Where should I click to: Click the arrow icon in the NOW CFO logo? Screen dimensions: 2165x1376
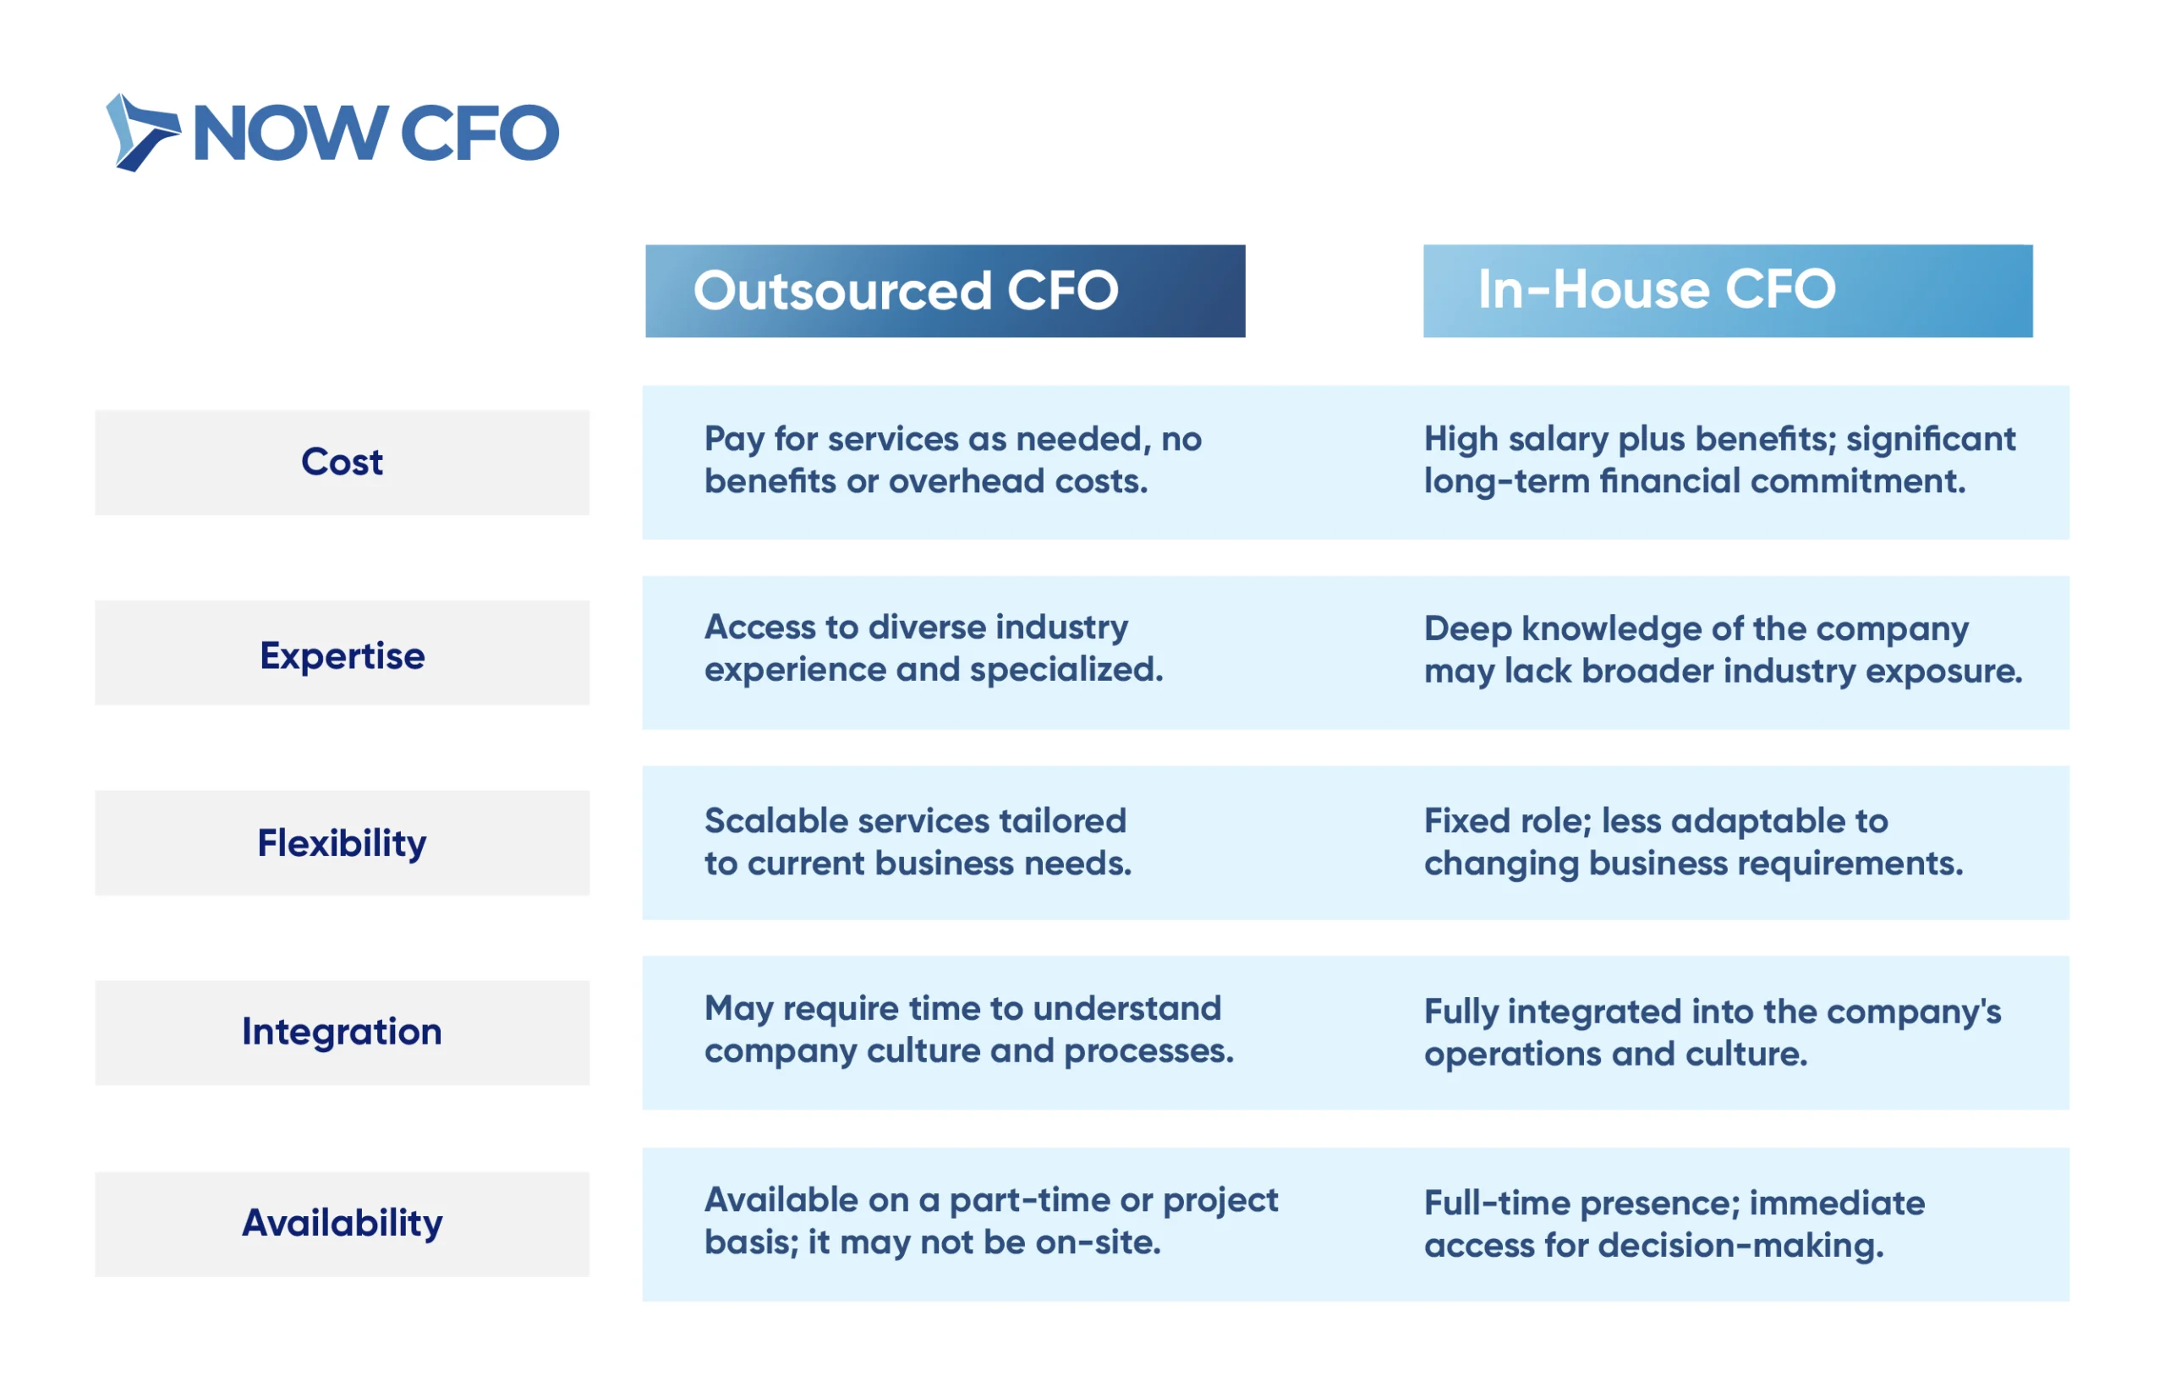(x=142, y=132)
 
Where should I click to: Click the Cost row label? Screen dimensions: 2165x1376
(x=342, y=463)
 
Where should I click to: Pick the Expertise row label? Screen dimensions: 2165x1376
(x=342, y=653)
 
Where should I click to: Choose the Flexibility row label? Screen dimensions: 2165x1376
(x=342, y=842)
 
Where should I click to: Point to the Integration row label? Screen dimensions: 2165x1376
(x=342, y=1033)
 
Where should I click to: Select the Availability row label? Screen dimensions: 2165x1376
(x=342, y=1224)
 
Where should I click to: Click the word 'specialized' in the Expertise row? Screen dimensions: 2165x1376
(x=1066, y=670)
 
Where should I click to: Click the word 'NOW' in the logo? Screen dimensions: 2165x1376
(x=290, y=133)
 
